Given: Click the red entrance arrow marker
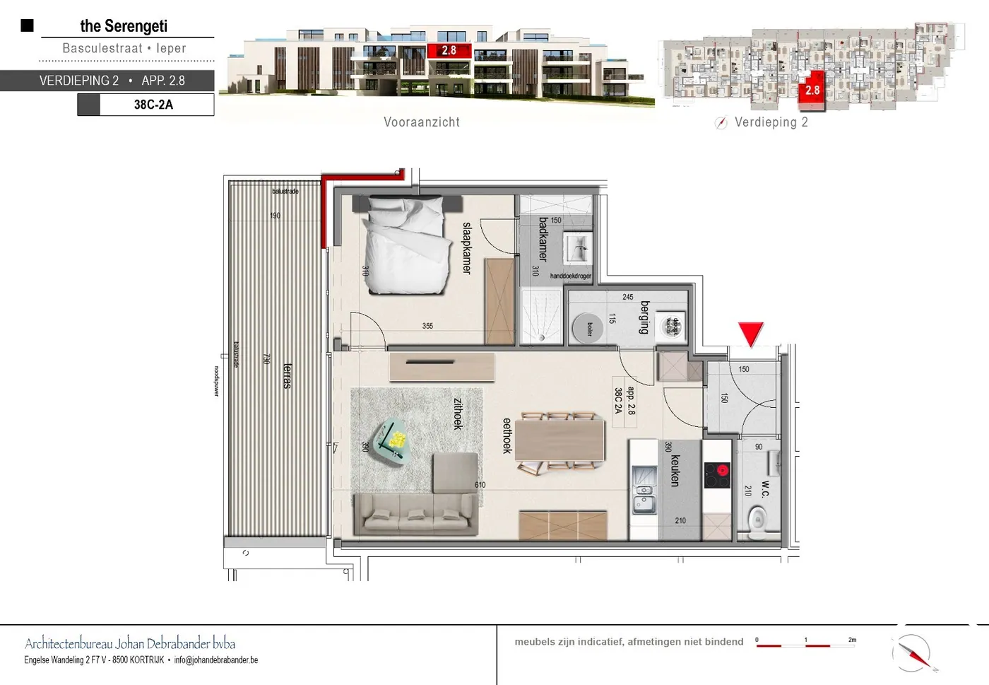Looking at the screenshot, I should [750, 333].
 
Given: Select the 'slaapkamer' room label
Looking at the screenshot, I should [466, 247].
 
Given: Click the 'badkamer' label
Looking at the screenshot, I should [543, 238].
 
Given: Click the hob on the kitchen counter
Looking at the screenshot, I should [717, 474].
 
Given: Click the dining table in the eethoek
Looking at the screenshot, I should [559, 440].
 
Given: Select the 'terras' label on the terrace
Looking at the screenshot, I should [287, 375].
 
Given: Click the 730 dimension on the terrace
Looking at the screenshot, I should [266, 359].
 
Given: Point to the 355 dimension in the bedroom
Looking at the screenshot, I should [427, 326].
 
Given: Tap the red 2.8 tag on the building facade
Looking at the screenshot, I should [449, 50].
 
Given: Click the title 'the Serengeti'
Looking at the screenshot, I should [124, 26].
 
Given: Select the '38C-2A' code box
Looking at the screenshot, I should [153, 105].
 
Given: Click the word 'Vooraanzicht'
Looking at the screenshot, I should [422, 122].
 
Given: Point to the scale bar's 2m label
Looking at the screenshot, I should [852, 640].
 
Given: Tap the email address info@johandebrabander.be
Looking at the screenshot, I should [216, 660].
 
